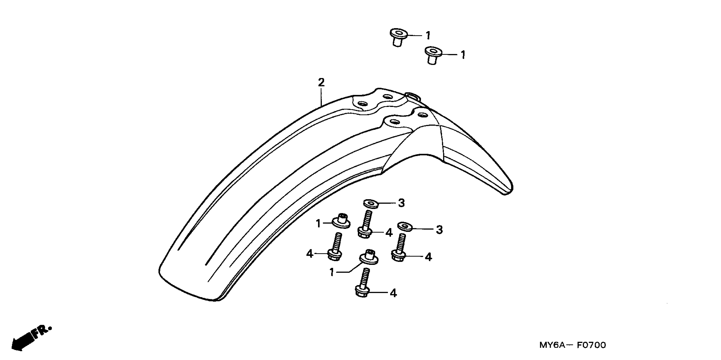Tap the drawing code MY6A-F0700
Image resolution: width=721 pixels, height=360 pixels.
coord(572,345)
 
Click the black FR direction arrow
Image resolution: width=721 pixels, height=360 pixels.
coord(22,342)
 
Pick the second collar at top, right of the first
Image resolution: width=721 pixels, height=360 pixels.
coord(433,55)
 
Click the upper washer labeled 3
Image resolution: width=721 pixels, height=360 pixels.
coord(371,204)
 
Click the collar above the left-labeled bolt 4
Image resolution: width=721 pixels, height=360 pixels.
coord(341,222)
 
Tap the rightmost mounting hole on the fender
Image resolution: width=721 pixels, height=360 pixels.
coord(422,114)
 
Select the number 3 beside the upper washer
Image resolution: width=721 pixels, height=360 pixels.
coord(401,203)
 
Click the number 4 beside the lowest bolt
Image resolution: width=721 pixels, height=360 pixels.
coord(393,293)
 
